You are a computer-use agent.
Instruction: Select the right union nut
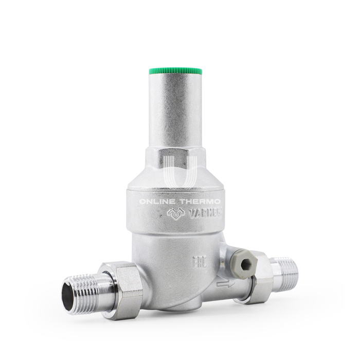click(260, 277)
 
